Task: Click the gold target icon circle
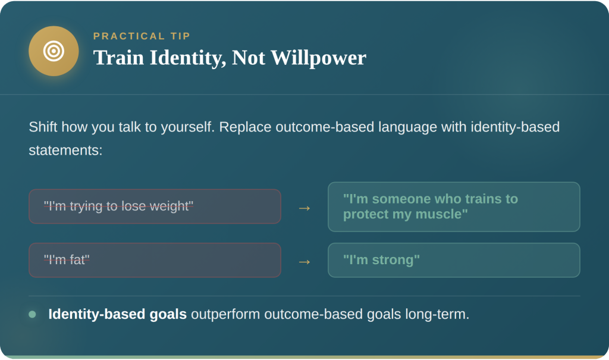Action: coord(54,51)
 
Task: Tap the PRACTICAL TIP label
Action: coord(142,36)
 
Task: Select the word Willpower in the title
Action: coord(318,58)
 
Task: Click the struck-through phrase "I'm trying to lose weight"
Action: coord(118,206)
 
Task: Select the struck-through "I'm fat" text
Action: coord(66,260)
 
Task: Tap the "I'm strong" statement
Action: coord(381,260)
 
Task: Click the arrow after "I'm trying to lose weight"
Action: coord(304,208)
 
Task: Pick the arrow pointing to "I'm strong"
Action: coord(304,261)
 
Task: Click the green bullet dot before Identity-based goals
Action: coord(32,314)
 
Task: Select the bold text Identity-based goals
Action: coord(117,314)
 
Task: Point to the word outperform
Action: coord(225,314)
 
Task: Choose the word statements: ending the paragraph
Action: coord(65,150)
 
